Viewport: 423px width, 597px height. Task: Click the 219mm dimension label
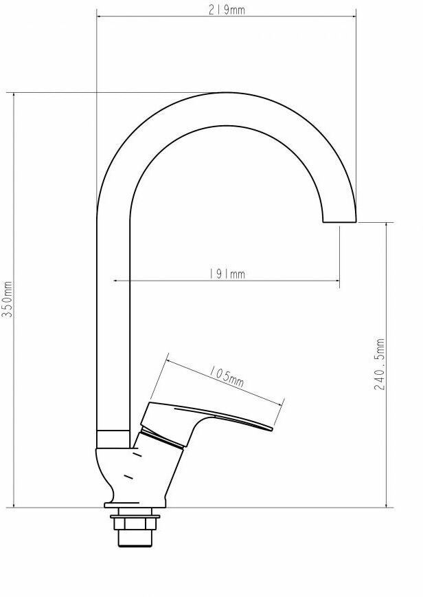pyautogui.click(x=227, y=10)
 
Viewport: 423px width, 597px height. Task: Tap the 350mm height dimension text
pyautogui.click(x=8, y=299)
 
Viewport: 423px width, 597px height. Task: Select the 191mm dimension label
pyautogui.click(x=227, y=274)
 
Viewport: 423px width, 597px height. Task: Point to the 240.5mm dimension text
pyautogui.click(x=380, y=364)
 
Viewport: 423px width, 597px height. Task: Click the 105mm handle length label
pyautogui.click(x=227, y=376)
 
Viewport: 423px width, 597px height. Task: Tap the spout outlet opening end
pyautogui.click(x=339, y=221)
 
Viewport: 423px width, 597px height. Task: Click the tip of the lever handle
pyautogui.click(x=272, y=429)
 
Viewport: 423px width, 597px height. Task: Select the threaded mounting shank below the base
pyautogui.click(x=135, y=538)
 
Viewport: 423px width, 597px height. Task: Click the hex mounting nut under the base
pyautogui.click(x=135, y=522)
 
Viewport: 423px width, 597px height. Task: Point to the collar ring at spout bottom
pyautogui.click(x=113, y=439)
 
